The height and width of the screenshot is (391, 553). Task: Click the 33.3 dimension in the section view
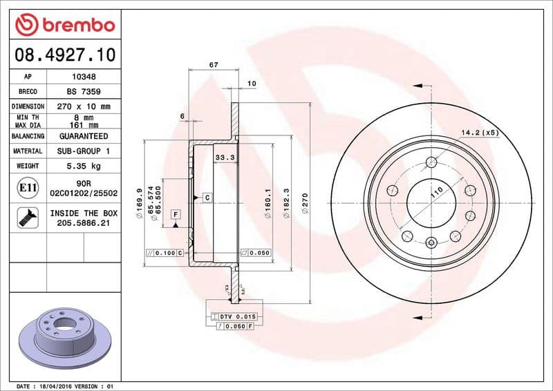(223, 158)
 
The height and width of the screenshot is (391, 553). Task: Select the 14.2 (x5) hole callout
(480, 131)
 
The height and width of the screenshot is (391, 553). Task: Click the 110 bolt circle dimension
(436, 194)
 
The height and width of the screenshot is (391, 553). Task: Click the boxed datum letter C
(206, 198)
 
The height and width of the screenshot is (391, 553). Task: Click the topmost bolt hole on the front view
(432, 162)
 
